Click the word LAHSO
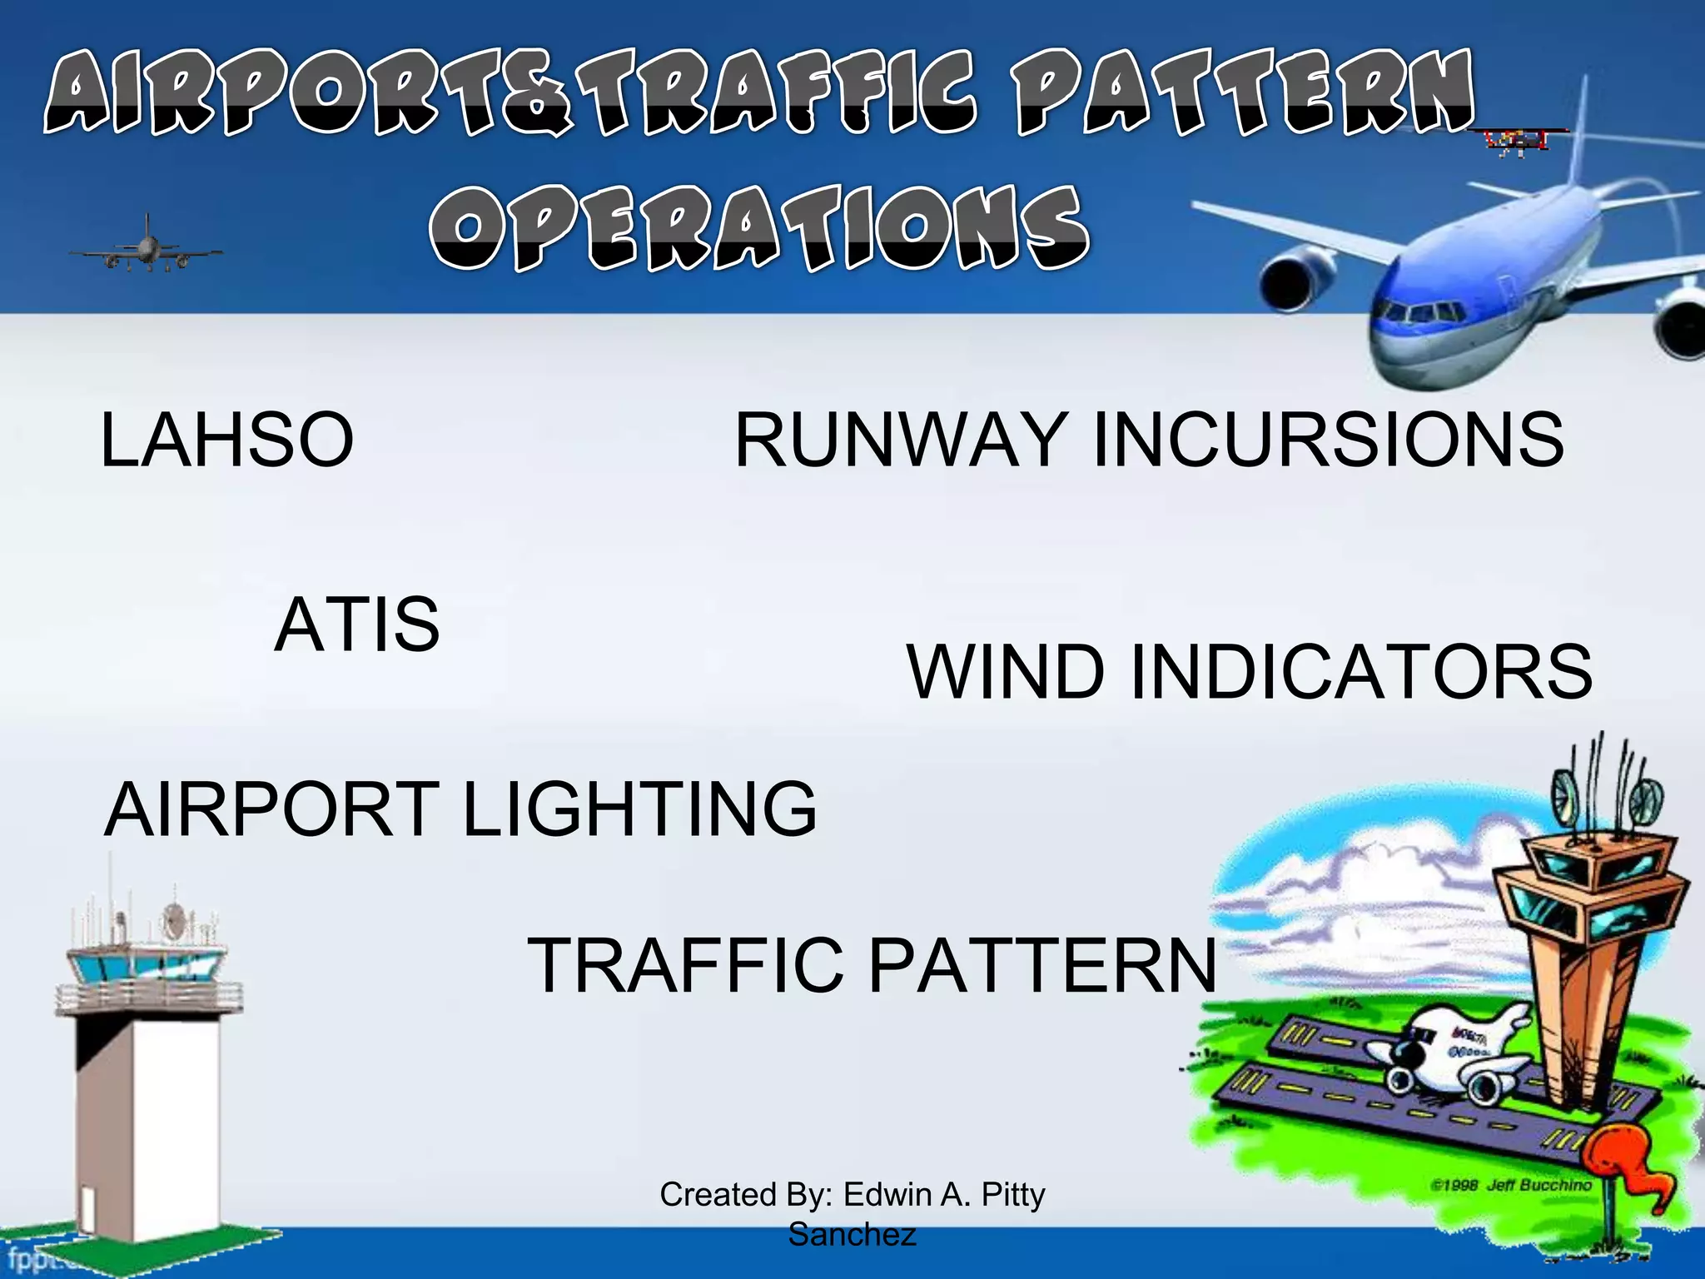(x=226, y=440)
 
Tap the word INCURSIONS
(x=1328, y=440)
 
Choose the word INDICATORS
(x=1360, y=671)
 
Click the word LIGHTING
(x=639, y=809)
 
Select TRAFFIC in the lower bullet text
(x=685, y=965)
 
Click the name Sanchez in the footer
(x=852, y=1234)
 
